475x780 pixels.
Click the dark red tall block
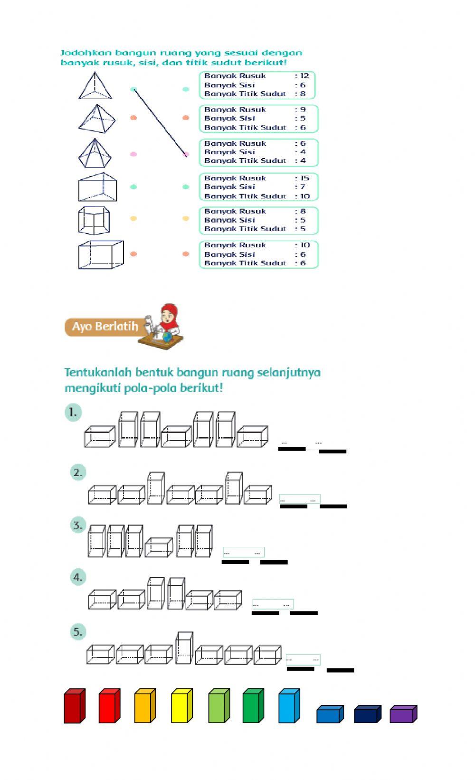[74, 706]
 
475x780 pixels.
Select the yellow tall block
[181, 706]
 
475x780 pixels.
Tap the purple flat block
[403, 714]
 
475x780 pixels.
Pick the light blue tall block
[289, 706]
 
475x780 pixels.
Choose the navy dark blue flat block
[367, 714]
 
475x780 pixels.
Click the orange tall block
[145, 706]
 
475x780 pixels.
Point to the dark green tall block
[253, 706]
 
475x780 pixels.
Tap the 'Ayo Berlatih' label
[104, 327]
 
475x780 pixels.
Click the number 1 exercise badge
[73, 412]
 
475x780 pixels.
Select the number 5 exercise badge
[78, 632]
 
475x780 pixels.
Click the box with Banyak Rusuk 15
[258, 187]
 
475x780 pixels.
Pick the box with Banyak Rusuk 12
[257, 85]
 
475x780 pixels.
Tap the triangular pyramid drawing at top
[95, 86]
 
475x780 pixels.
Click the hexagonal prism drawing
[94, 220]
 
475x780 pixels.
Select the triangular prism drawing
[97, 188]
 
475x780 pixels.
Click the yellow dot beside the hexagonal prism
[133, 219]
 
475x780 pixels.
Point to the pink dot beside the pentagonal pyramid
[133, 154]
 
